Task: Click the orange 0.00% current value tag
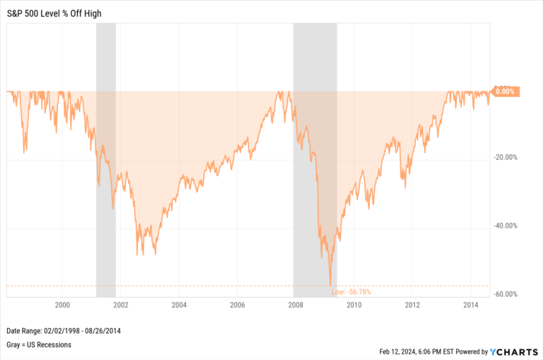[x=506, y=91]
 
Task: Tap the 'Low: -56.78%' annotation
[x=351, y=291]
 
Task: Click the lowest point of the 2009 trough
[x=330, y=284]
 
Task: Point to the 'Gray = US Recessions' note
[x=39, y=345]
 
